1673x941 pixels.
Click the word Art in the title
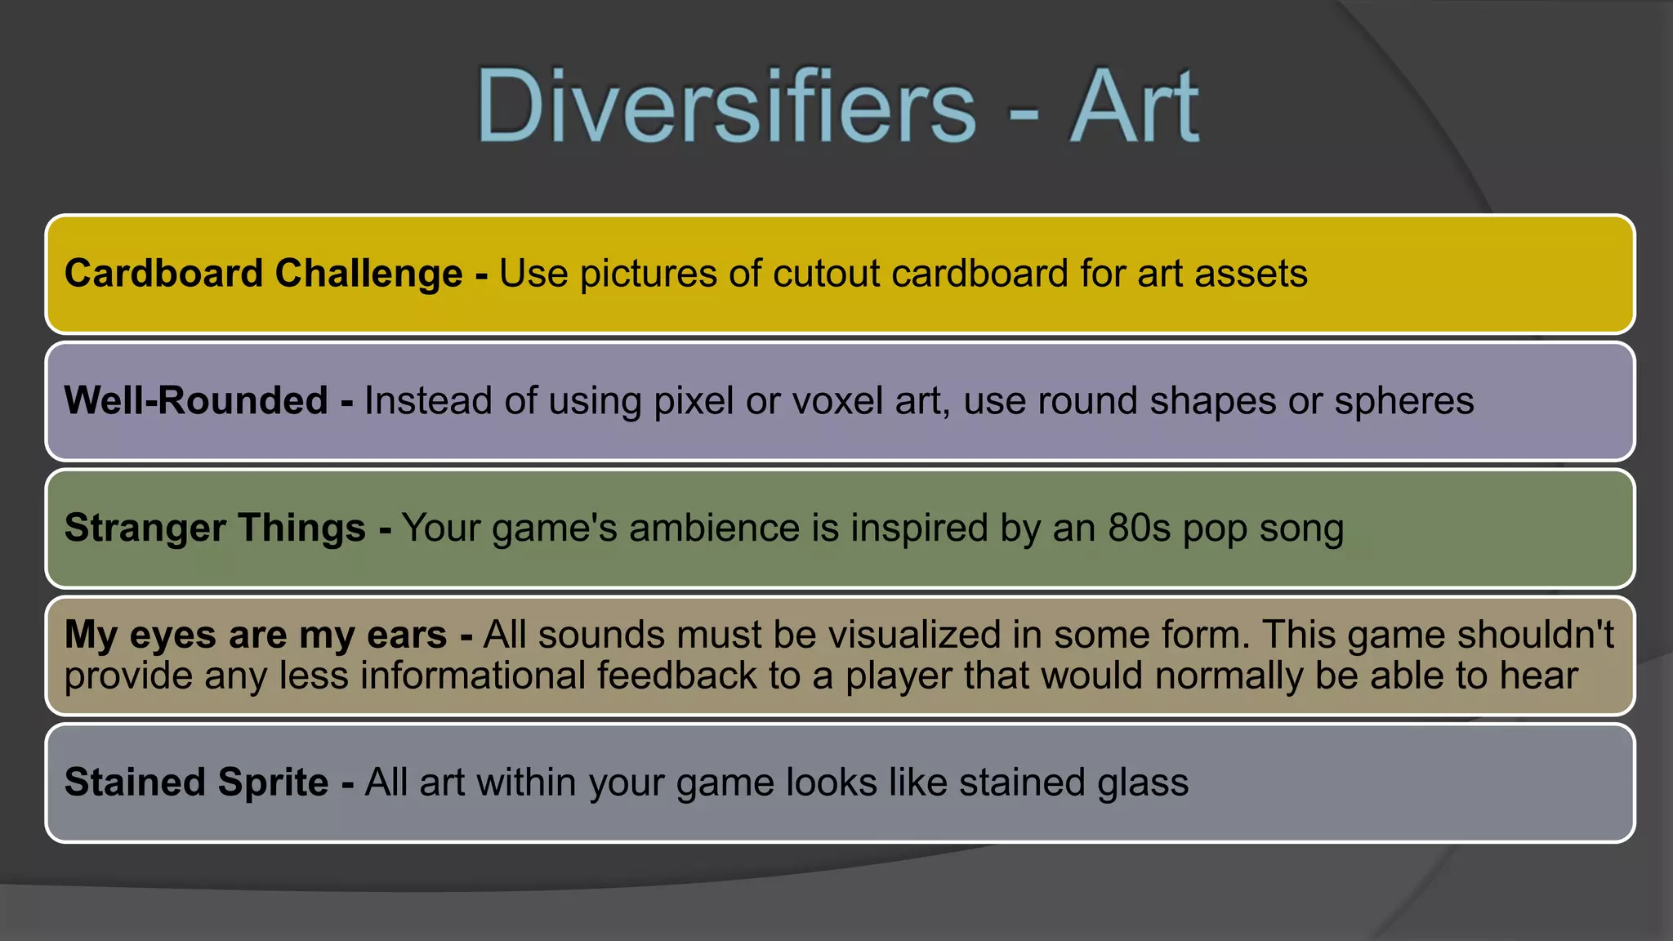tap(1134, 106)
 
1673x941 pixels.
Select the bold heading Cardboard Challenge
tap(263, 273)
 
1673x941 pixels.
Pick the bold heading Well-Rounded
tap(196, 400)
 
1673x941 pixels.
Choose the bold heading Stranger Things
tap(215, 528)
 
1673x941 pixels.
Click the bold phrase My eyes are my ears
tap(255, 636)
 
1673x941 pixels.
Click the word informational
tap(472, 676)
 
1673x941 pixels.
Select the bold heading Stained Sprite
tap(196, 782)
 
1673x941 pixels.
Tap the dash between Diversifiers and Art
tap(1024, 114)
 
